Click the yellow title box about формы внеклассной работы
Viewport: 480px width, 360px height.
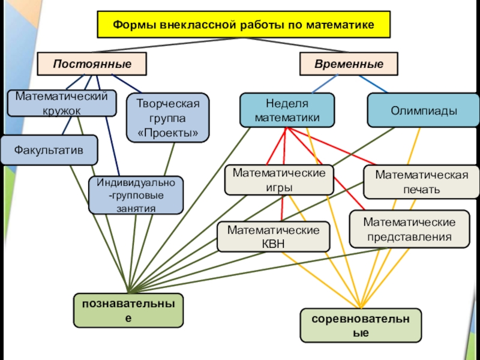click(244, 25)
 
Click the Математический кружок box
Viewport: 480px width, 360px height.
click(62, 103)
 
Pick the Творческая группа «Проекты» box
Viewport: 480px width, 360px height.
click(169, 117)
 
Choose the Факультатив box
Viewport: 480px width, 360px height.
click(49, 149)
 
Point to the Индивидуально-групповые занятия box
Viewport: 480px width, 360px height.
click(136, 195)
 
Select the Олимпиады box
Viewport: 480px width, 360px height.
click(423, 110)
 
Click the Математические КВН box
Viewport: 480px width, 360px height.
click(273, 236)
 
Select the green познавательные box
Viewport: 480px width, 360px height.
click(128, 310)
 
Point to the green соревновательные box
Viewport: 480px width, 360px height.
click(361, 325)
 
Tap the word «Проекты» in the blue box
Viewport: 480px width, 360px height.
click(169, 132)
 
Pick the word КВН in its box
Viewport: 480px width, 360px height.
click(273, 244)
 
